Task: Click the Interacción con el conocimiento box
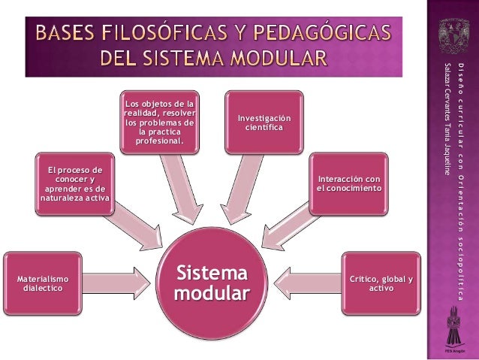point(348,183)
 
